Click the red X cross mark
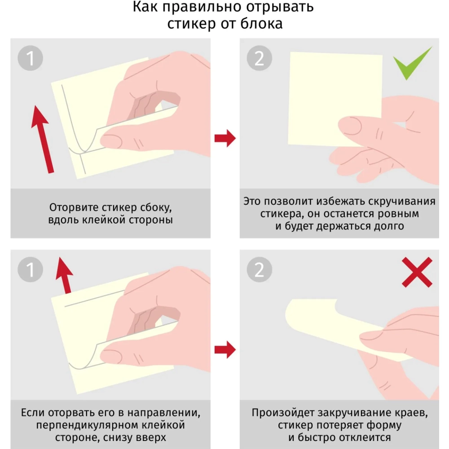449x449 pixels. [417, 272]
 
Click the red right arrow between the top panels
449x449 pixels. [224, 138]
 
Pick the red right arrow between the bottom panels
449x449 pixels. [224, 349]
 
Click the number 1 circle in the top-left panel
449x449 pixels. [31, 58]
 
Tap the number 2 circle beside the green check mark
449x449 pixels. [260, 58]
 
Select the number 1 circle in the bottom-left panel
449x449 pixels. [31, 270]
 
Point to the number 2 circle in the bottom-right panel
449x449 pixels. [260, 270]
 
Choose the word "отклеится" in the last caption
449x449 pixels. [359, 437]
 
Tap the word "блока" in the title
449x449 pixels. [263, 23]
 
